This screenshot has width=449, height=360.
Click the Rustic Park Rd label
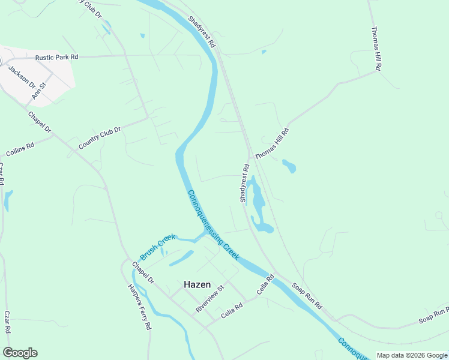pos(57,57)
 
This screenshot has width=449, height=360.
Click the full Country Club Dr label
pos(100,137)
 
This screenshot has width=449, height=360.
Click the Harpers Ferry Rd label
pos(139,306)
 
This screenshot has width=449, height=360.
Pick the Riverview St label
pos(209,298)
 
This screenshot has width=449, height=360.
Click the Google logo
pos(20,353)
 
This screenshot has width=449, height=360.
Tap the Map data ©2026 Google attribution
pos(412,355)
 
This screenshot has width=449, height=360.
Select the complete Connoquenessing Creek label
pos(214,225)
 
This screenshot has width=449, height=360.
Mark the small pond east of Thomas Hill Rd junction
pos(289,166)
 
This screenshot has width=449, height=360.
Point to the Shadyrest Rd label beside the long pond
pos(244,183)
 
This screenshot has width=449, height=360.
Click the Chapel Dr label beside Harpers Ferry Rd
pos(143,273)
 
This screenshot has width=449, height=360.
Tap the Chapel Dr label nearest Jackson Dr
pos(40,122)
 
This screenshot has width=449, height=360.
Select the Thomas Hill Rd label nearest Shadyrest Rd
pos(272,143)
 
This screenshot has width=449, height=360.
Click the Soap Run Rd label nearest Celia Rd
pos(307,296)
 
